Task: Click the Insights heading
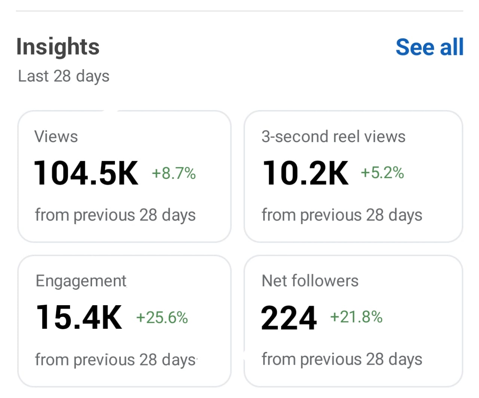pyautogui.click(x=58, y=47)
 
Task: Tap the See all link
pyautogui.click(x=429, y=47)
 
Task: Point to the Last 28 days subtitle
pyautogui.click(x=64, y=76)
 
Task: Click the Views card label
pyautogui.click(x=56, y=137)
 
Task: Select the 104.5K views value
pyautogui.click(x=86, y=173)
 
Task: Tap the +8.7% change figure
pyautogui.click(x=174, y=174)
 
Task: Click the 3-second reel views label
pyautogui.click(x=333, y=137)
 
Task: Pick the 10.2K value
pyautogui.click(x=306, y=173)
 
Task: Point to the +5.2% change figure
pyautogui.click(x=382, y=173)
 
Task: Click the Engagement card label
pyautogui.click(x=81, y=281)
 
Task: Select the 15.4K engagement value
pyautogui.click(x=79, y=317)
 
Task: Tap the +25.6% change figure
pyautogui.click(x=162, y=318)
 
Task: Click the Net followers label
pyautogui.click(x=310, y=281)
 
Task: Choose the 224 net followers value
pyautogui.click(x=289, y=318)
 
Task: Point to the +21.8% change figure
pyautogui.click(x=356, y=317)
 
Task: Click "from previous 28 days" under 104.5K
pyautogui.click(x=115, y=215)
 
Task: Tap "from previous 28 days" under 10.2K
pyautogui.click(x=342, y=215)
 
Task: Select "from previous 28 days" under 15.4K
pyautogui.click(x=115, y=360)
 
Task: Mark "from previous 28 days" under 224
pyautogui.click(x=342, y=359)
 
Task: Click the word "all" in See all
pyautogui.click(x=452, y=47)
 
